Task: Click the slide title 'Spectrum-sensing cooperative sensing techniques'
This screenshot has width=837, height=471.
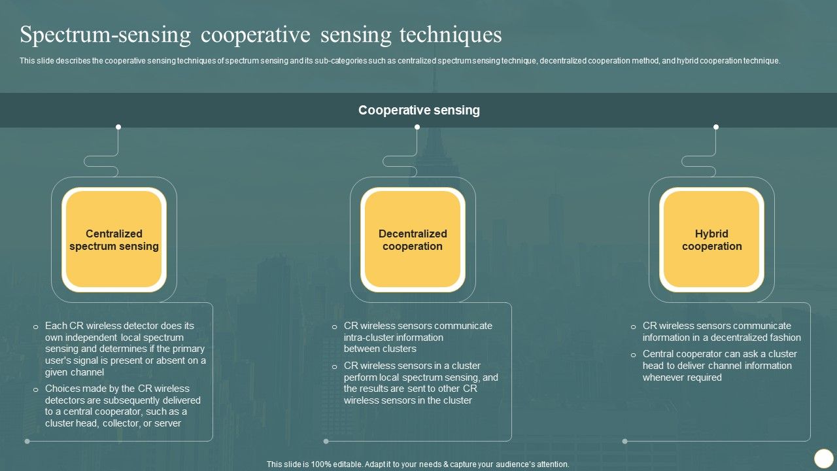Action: coord(261,35)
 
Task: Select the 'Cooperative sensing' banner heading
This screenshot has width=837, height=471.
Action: coord(418,111)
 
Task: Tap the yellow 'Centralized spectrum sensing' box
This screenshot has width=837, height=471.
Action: coord(114,240)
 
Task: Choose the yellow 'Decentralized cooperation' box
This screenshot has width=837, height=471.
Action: coord(413,240)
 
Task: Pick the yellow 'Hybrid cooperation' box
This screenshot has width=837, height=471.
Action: coord(711,240)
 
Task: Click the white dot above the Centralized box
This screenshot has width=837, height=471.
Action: coord(118,127)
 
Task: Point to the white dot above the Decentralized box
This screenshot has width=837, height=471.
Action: coord(417,127)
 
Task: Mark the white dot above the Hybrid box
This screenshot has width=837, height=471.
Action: coord(716,127)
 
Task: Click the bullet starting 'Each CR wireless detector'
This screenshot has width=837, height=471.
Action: coord(125,349)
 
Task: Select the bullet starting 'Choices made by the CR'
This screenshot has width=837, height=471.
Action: coord(123,406)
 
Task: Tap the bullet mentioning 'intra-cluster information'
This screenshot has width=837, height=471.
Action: coord(418,337)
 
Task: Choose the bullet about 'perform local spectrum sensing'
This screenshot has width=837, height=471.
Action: coord(420,383)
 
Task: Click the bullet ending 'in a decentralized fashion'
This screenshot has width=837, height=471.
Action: coord(721,332)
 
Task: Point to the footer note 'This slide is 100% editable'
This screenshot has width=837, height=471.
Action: coord(418,464)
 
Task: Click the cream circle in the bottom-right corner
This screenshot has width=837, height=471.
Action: coord(823,458)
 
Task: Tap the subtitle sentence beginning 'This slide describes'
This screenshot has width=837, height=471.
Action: coord(400,61)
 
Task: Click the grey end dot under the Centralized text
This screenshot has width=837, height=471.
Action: coord(27,441)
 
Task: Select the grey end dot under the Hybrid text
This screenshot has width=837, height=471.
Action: coord(624,441)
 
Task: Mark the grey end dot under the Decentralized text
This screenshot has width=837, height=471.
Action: coord(326,441)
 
